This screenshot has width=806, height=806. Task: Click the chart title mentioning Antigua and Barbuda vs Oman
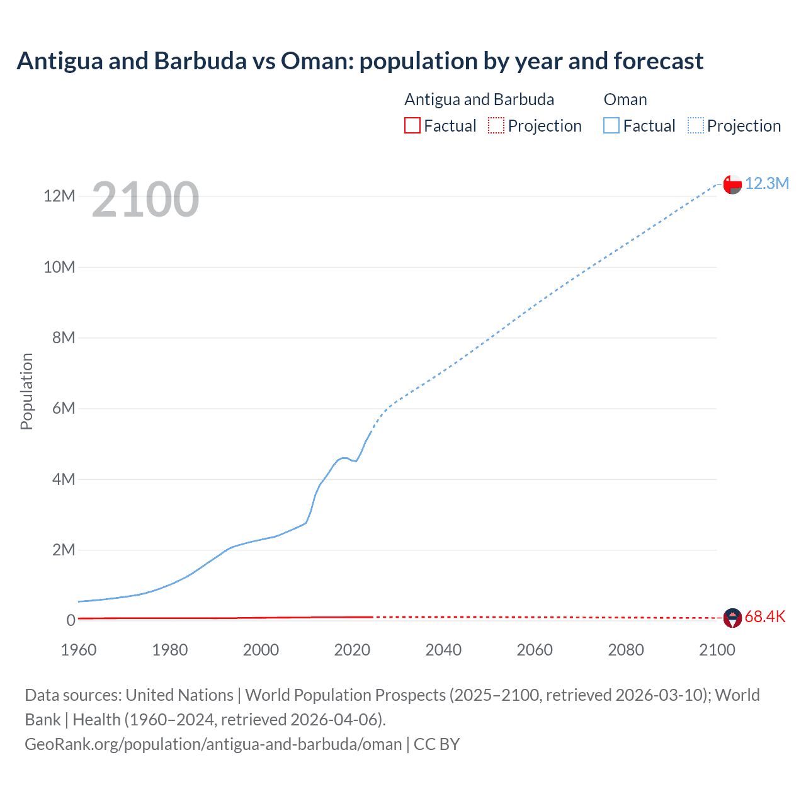click(360, 61)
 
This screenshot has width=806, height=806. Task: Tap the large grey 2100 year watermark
click(145, 200)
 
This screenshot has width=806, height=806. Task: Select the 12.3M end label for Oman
click(766, 183)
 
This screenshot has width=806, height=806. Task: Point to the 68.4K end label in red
click(765, 616)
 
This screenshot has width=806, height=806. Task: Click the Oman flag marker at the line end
click(732, 184)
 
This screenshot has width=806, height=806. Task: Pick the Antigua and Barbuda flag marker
click(732, 618)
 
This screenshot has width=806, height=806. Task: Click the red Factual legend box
click(412, 125)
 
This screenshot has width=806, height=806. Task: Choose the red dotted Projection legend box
click(496, 125)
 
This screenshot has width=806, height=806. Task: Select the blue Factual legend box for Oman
click(611, 125)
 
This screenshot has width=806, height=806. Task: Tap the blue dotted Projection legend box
click(696, 125)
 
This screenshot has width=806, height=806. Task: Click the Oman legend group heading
click(625, 99)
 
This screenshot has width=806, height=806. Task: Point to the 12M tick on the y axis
click(59, 196)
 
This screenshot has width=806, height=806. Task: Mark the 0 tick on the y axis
click(71, 621)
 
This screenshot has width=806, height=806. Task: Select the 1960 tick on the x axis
click(79, 650)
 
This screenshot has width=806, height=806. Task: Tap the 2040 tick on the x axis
click(443, 650)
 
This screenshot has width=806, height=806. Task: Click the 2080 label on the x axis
click(626, 650)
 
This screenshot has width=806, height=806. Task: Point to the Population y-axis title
click(26, 391)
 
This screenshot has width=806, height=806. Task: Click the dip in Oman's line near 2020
click(356, 461)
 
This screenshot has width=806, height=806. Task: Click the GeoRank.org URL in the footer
click(213, 744)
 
